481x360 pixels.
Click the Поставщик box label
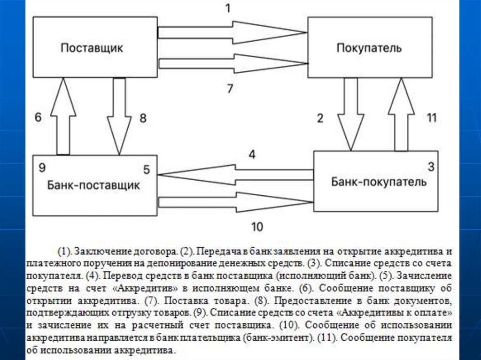[x=92, y=48]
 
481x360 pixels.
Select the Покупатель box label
[x=369, y=48]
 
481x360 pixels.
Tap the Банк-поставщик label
[x=93, y=185]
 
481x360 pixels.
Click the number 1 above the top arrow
[x=227, y=9]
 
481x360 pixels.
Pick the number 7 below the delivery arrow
[x=230, y=88]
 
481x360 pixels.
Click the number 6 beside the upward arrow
[x=38, y=118]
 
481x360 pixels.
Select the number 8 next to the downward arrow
[x=142, y=119]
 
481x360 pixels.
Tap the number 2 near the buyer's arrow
[x=320, y=118]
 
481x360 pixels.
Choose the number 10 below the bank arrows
[x=256, y=227]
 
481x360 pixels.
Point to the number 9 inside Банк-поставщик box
[x=42, y=167]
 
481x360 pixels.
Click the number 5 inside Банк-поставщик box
[x=147, y=170]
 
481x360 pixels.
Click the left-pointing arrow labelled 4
[x=235, y=174]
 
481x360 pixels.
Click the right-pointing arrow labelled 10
[x=235, y=202]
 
